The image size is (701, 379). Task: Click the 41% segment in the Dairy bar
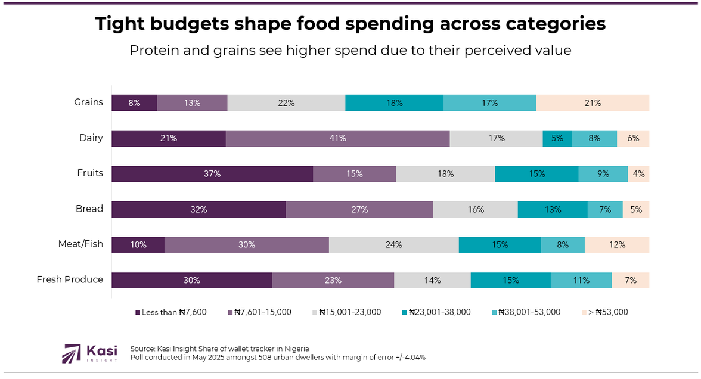pyautogui.click(x=337, y=138)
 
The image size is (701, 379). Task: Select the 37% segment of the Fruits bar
pyautogui.click(x=212, y=174)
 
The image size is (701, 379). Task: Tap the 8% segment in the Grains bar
pyautogui.click(x=134, y=102)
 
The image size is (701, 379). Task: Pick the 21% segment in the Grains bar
pyautogui.click(x=593, y=102)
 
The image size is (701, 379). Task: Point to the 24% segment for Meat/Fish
pyautogui.click(x=393, y=244)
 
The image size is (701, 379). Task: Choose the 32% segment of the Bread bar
pyautogui.click(x=198, y=209)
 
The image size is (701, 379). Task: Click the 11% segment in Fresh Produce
pyautogui.click(x=581, y=280)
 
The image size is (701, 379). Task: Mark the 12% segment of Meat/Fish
pyautogui.click(x=617, y=244)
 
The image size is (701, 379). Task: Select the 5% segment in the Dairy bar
pyautogui.click(x=557, y=138)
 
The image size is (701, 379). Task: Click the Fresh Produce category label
pyautogui.click(x=70, y=279)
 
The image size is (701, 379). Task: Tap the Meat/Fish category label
pyautogui.click(x=80, y=244)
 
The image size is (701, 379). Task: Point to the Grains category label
pyautogui.click(x=88, y=102)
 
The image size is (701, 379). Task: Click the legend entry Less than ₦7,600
pyautogui.click(x=173, y=312)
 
